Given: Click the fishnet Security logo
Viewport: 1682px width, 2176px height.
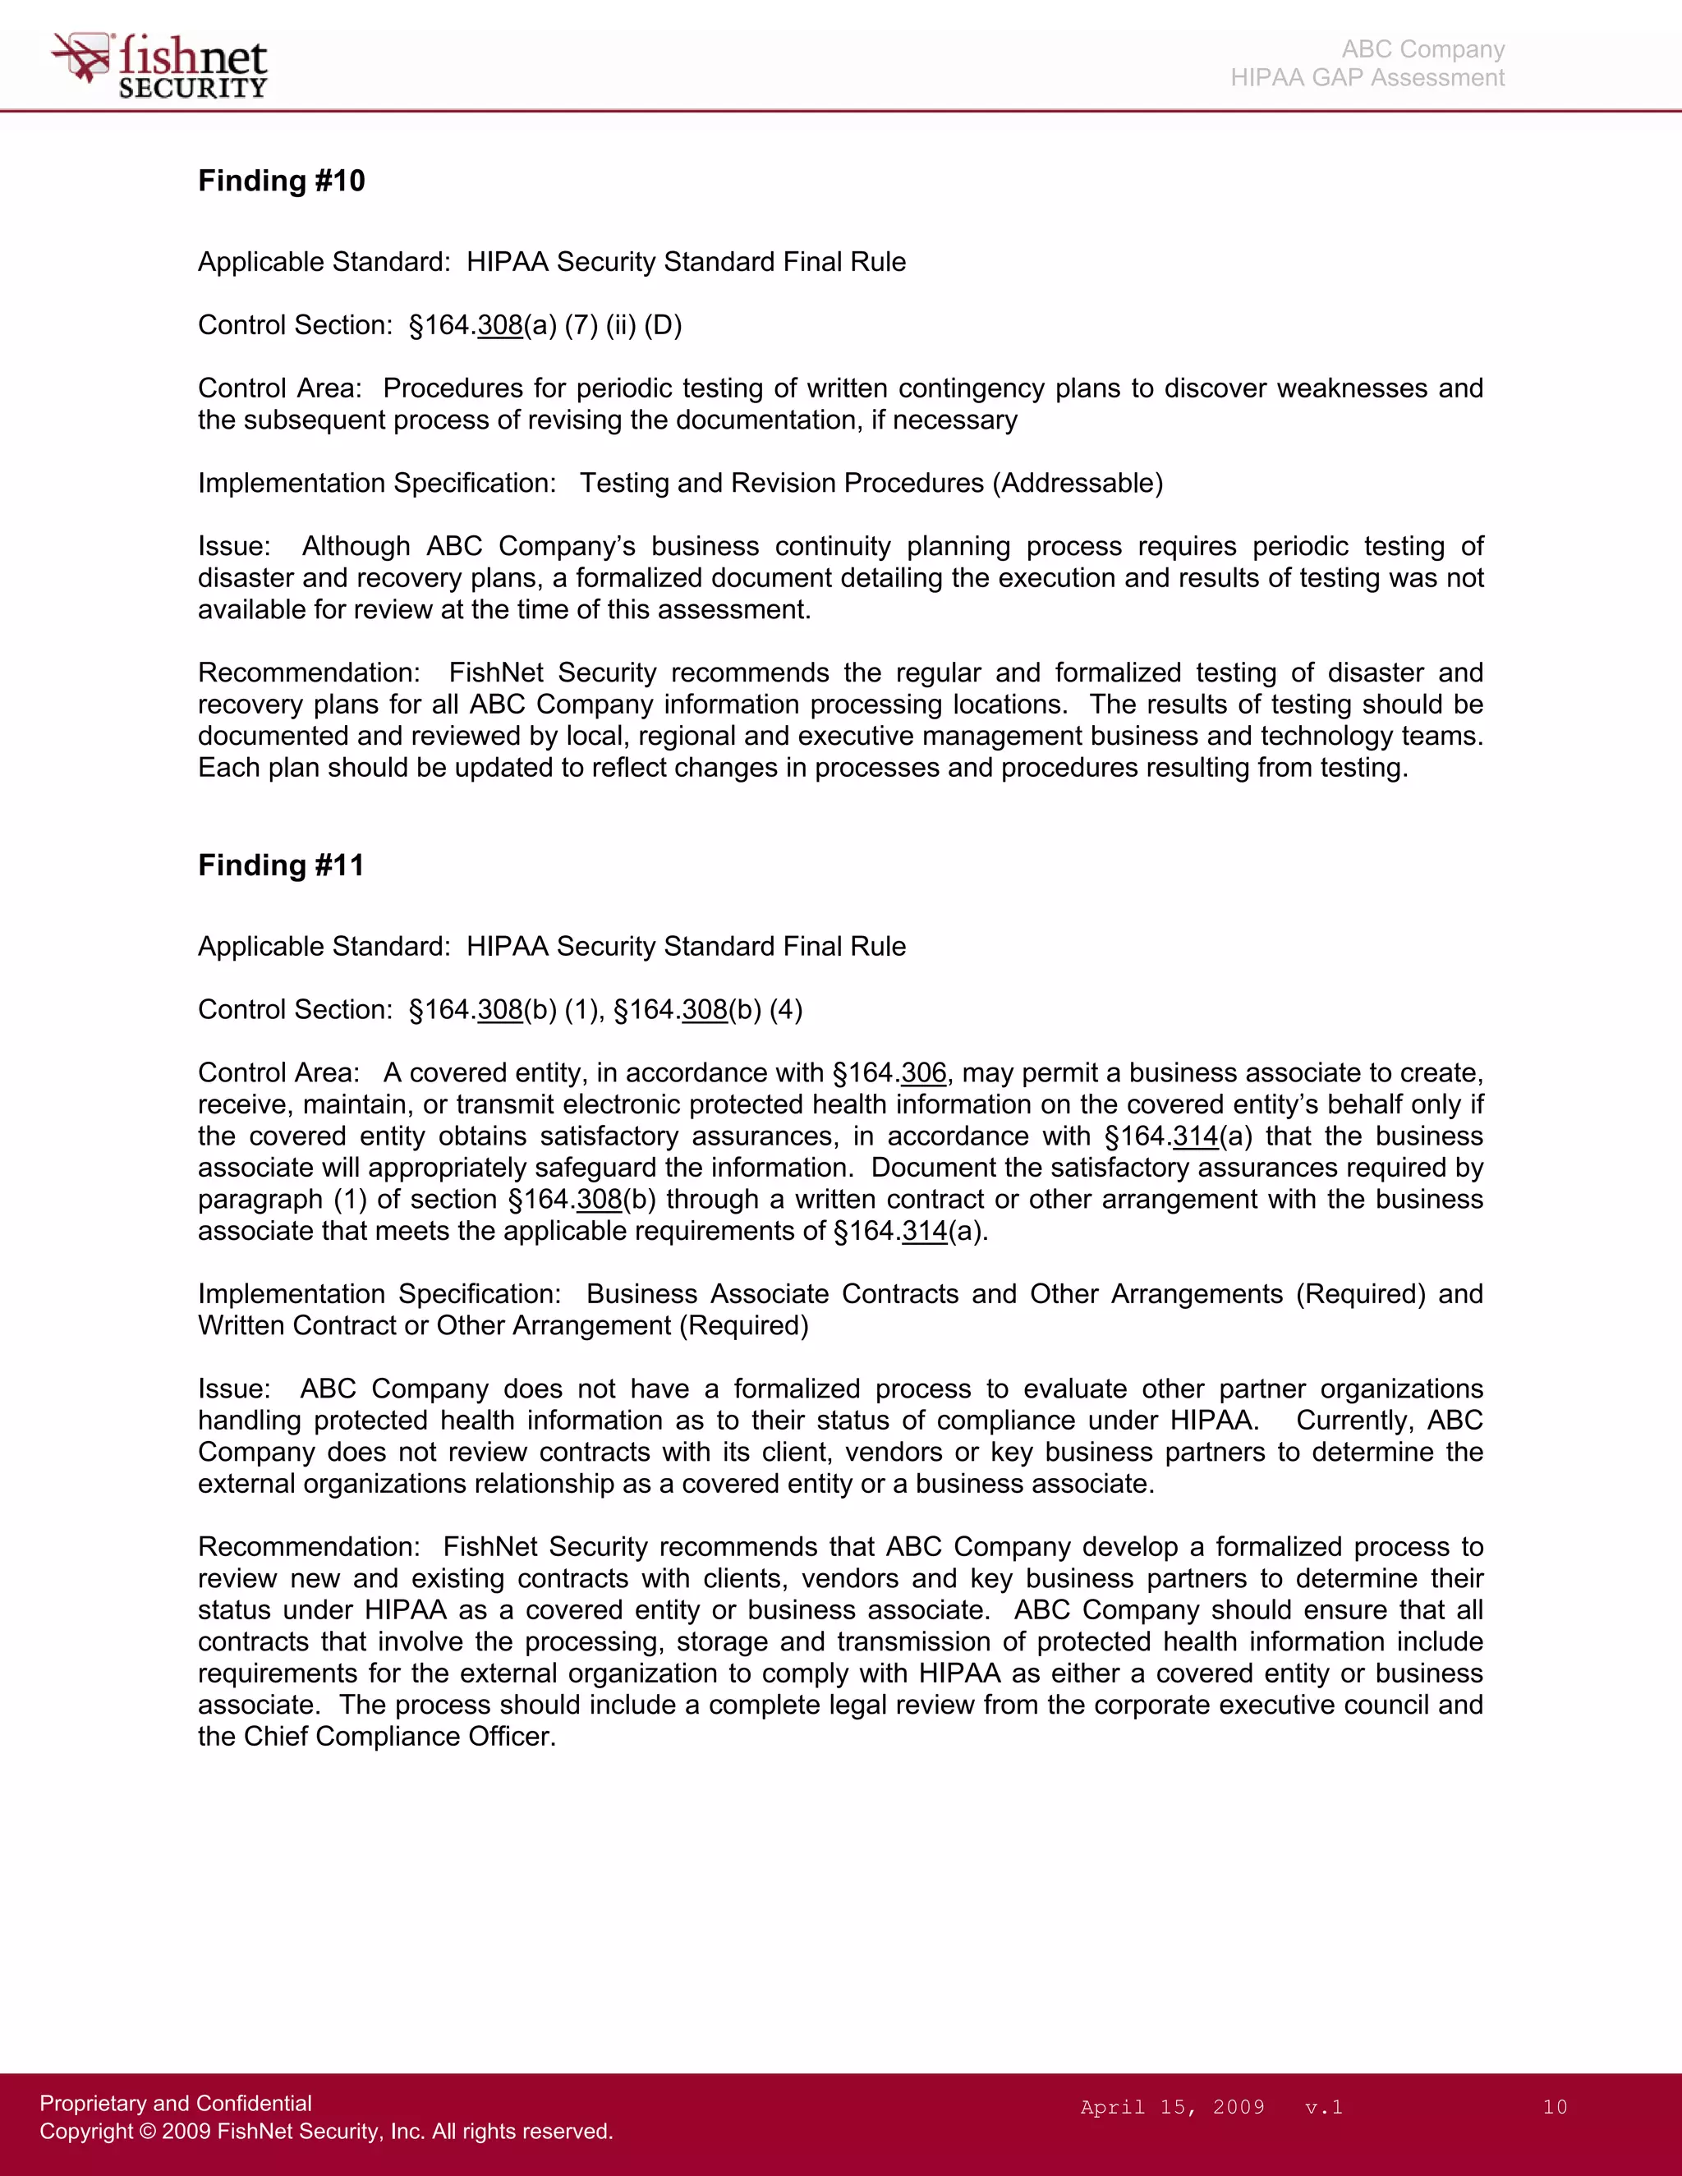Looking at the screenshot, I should [159, 66].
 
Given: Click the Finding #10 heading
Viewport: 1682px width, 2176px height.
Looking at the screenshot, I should [281, 181].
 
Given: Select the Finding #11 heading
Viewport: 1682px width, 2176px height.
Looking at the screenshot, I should [281, 865].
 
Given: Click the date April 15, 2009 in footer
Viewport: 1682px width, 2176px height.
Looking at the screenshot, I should [1172, 2106].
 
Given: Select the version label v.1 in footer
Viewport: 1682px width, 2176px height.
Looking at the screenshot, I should [1323, 2106].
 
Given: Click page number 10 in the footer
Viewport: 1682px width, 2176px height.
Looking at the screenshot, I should [1555, 2106].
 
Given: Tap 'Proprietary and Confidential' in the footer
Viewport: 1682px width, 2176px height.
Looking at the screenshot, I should [176, 2102].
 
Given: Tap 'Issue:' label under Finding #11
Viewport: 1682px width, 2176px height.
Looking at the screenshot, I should [233, 1389].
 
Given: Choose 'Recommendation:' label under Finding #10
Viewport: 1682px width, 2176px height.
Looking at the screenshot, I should [309, 673].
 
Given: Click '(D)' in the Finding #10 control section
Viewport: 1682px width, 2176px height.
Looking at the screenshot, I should [663, 326].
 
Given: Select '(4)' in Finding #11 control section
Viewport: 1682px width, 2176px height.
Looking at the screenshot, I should [785, 1010].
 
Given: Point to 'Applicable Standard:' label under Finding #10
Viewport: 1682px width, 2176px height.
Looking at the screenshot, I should [324, 262].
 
